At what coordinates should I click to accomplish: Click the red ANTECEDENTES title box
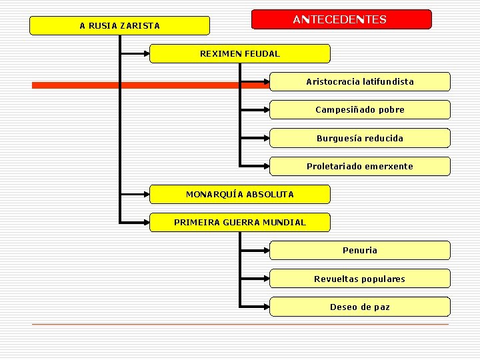pyautogui.click(x=341, y=19)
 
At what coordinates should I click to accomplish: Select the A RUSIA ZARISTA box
pyautogui.click(x=120, y=26)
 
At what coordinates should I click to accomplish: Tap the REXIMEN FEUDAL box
pyautogui.click(x=240, y=53)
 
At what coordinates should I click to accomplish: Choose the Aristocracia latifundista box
pyautogui.click(x=360, y=81)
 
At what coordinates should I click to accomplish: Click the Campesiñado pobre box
pyautogui.click(x=360, y=109)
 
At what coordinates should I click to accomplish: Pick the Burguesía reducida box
pyautogui.click(x=360, y=138)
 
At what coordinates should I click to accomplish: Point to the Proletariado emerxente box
pyautogui.click(x=360, y=166)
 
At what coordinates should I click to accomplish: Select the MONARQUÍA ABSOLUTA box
pyautogui.click(x=240, y=194)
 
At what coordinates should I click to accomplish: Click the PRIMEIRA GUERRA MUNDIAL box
pyautogui.click(x=240, y=222)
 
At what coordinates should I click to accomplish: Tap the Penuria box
pyautogui.click(x=360, y=250)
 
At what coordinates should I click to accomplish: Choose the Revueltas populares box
pyautogui.click(x=360, y=279)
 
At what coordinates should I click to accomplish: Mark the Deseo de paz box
pyautogui.click(x=360, y=307)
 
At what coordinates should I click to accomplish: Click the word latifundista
pyautogui.click(x=388, y=81)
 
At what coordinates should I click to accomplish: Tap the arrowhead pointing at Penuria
pyautogui.click(x=265, y=250)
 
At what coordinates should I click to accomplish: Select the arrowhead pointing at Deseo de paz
pyautogui.click(x=265, y=307)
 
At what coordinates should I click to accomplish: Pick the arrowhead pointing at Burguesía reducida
pyautogui.click(x=265, y=138)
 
